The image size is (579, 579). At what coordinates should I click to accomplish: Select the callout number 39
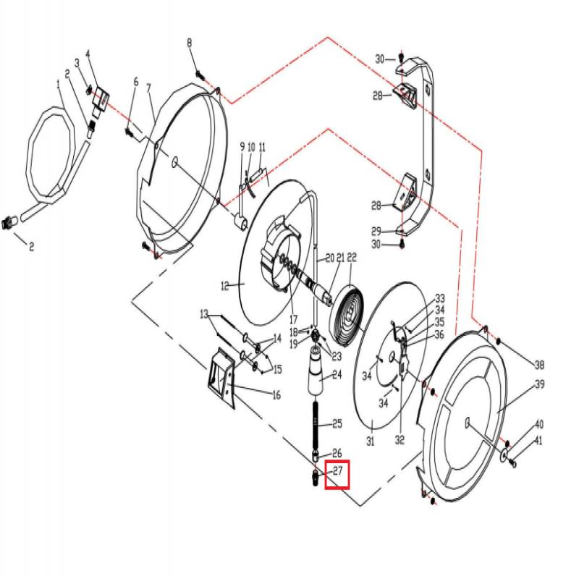(x=539, y=384)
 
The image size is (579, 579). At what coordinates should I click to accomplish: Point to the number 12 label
(x=224, y=287)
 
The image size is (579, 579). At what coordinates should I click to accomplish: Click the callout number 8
(x=190, y=43)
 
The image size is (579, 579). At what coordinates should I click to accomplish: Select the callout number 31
(x=370, y=441)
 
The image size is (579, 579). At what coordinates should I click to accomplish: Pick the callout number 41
(x=538, y=441)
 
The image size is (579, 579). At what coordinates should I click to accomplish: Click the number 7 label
(x=149, y=88)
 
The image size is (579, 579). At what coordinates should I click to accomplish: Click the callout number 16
(x=276, y=394)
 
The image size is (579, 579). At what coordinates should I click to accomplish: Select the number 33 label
(x=439, y=299)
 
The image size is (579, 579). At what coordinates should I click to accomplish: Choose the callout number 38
(x=538, y=364)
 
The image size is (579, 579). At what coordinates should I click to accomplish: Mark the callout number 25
(x=337, y=423)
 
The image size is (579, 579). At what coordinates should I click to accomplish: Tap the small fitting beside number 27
(x=316, y=478)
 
